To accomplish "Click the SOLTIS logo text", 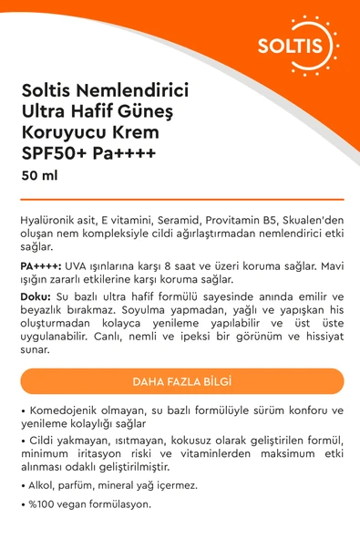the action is pos(309,46).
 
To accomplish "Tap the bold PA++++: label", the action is pos(41,265).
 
